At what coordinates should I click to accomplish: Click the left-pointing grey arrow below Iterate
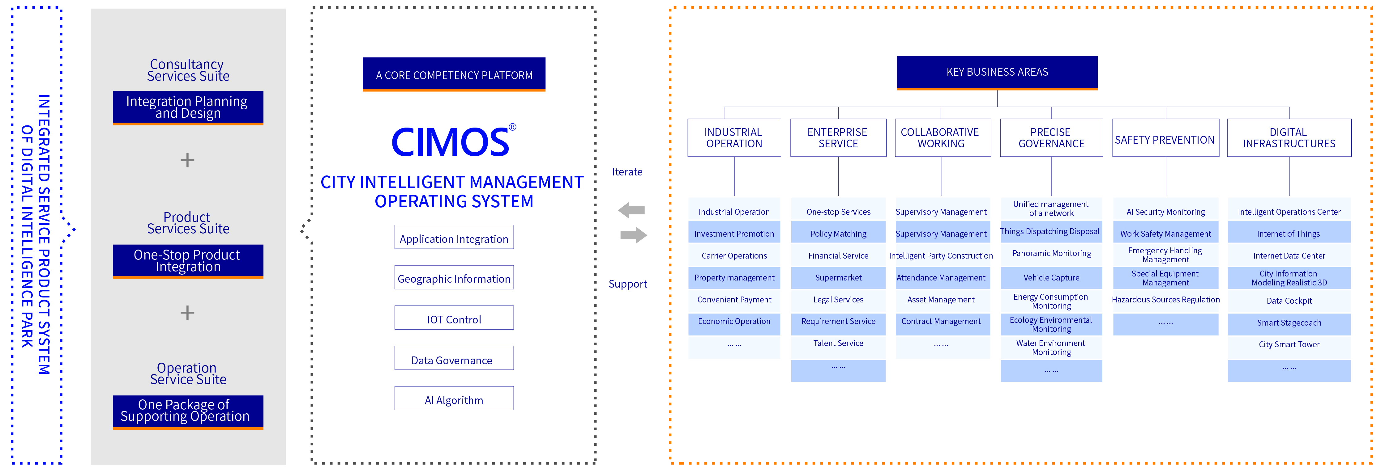point(632,210)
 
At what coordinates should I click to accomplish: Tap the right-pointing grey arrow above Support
point(633,235)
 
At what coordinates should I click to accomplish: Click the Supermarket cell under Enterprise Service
point(838,278)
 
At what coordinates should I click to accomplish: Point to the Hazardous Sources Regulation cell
point(1166,300)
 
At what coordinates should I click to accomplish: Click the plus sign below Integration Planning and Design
point(187,160)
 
